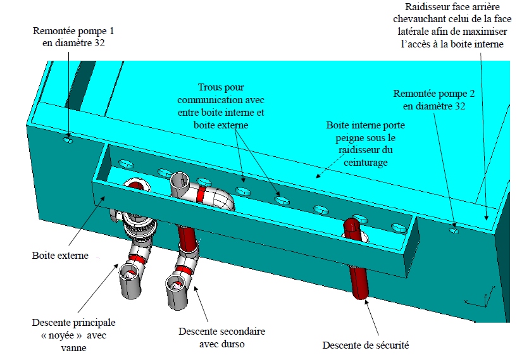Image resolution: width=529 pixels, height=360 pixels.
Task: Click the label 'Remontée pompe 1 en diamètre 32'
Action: click(x=69, y=37)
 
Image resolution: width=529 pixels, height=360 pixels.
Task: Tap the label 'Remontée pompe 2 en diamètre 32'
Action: click(x=433, y=99)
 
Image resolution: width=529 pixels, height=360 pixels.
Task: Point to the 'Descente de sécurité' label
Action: click(x=365, y=345)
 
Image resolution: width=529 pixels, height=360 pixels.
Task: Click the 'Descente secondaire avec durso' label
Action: click(x=221, y=337)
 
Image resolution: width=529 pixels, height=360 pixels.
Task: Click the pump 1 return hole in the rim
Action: click(x=68, y=140)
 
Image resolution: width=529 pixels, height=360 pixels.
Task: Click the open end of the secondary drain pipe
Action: click(x=176, y=282)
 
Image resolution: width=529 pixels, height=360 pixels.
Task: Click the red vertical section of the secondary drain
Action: click(x=188, y=237)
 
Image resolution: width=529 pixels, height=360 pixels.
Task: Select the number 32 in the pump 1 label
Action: click(x=97, y=44)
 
